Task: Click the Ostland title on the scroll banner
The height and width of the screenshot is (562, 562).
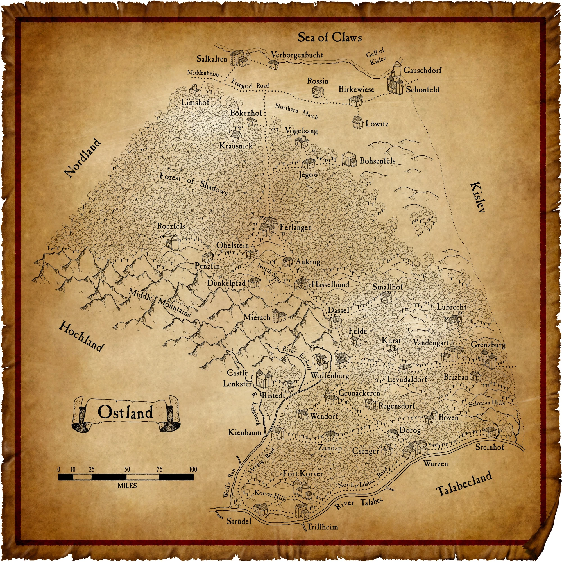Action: [x=125, y=412]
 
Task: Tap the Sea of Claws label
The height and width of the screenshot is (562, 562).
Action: [x=330, y=38]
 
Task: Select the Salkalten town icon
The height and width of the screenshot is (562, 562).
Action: [x=240, y=58]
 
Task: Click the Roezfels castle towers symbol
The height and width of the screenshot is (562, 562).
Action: [x=172, y=241]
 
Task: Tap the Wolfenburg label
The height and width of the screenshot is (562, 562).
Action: [x=330, y=375]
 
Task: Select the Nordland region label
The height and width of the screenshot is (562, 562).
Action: [x=83, y=158]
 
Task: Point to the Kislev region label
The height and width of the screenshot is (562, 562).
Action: [x=477, y=197]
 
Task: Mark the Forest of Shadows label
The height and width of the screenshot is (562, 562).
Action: [x=194, y=183]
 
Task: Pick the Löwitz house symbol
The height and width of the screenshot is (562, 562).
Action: [x=357, y=123]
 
